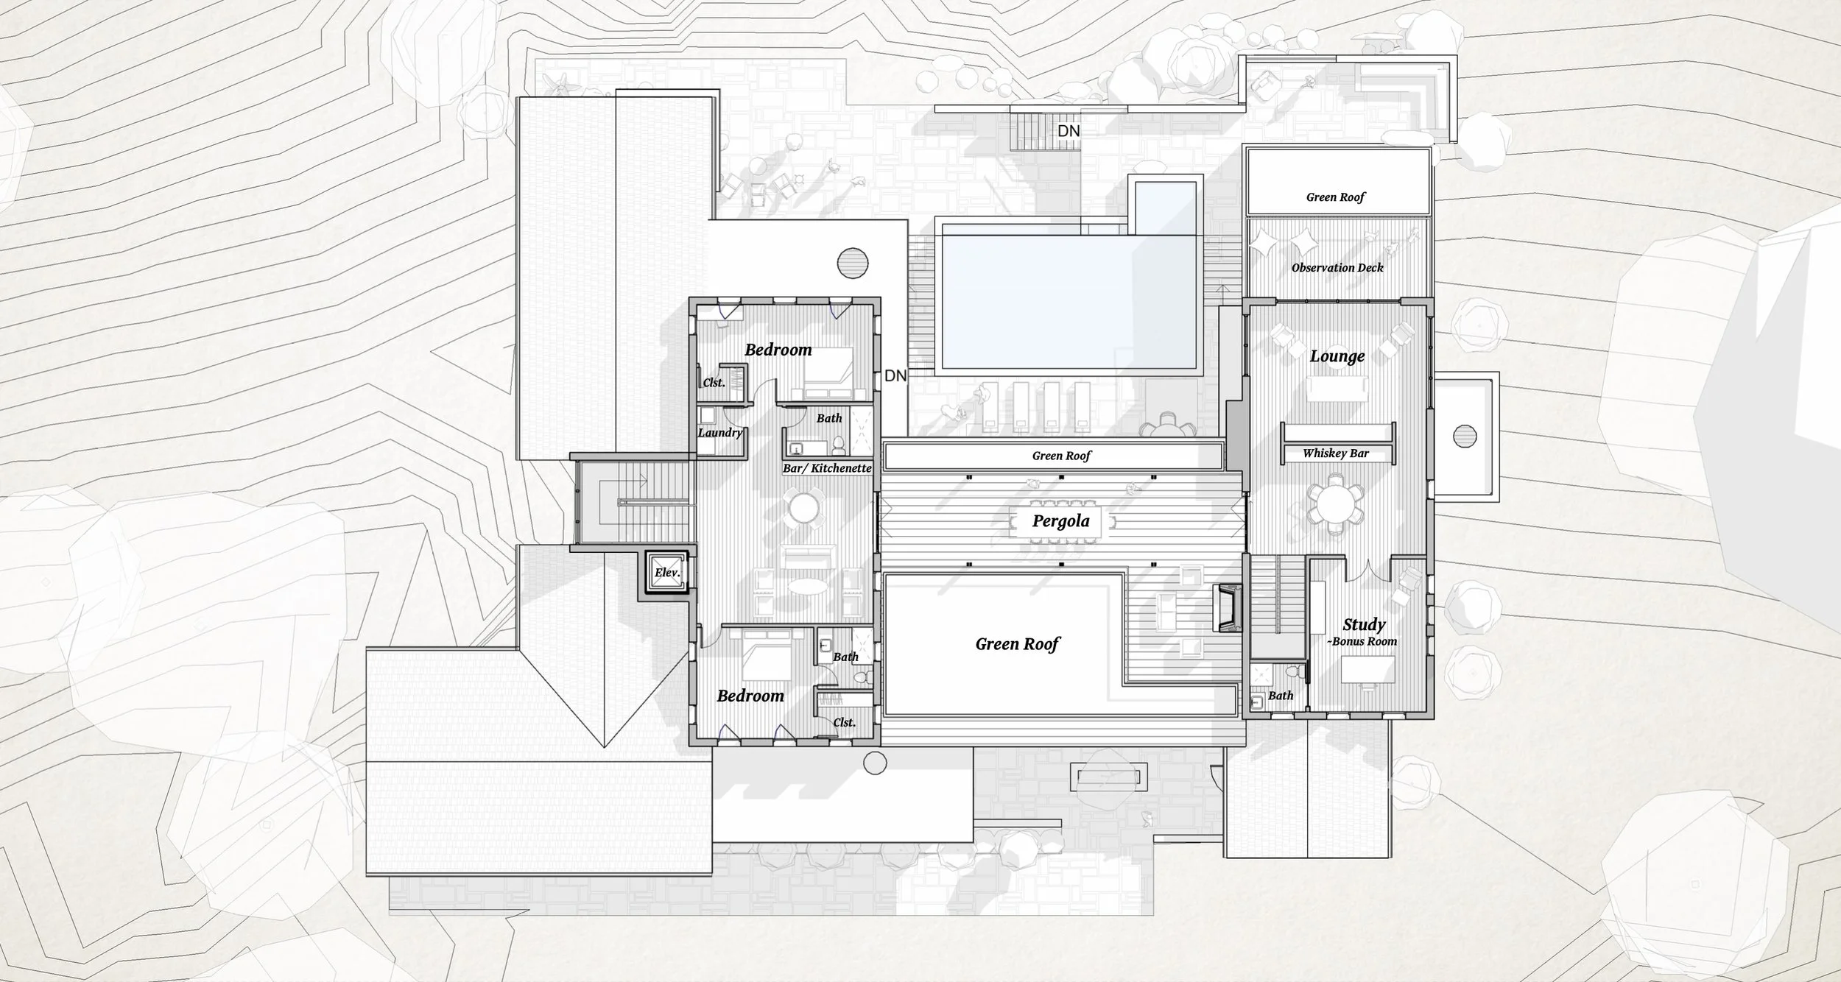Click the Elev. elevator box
pyautogui.click(x=667, y=572)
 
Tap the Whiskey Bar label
pyautogui.click(x=1335, y=453)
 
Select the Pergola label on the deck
pyautogui.click(x=1060, y=522)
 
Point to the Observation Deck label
pyautogui.click(x=1337, y=268)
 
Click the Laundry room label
pyautogui.click(x=720, y=433)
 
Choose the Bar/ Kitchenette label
pyautogui.click(x=827, y=468)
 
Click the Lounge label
pyautogui.click(x=1337, y=357)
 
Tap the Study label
pyautogui.click(x=1364, y=625)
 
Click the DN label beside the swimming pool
pyautogui.click(x=895, y=375)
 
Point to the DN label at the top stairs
pyautogui.click(x=1069, y=131)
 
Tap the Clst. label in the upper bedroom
pyautogui.click(x=714, y=383)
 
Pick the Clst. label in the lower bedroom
pyautogui.click(x=844, y=723)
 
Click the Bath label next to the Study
pyautogui.click(x=1281, y=696)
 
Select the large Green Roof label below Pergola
pyautogui.click(x=1017, y=644)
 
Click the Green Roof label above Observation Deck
pyautogui.click(x=1335, y=197)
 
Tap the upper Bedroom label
pyautogui.click(x=778, y=350)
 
